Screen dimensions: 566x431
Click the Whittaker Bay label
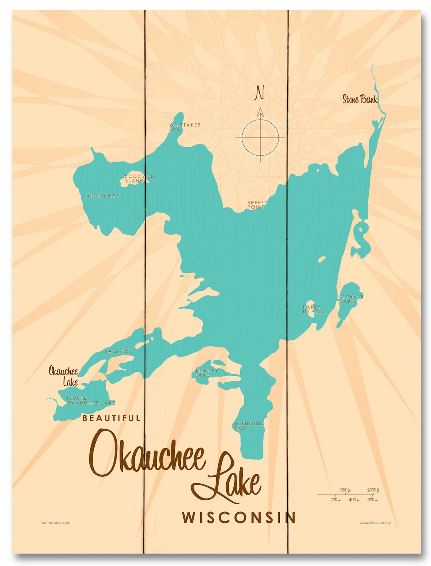(x=185, y=127)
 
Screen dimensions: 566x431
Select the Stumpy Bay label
(x=102, y=196)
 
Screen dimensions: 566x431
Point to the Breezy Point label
(x=257, y=205)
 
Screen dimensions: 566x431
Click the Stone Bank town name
(x=360, y=99)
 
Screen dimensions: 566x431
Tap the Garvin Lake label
(x=351, y=299)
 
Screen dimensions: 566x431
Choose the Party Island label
(x=313, y=310)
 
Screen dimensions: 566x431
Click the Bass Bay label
(x=118, y=351)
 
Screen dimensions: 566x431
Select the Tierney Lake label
(x=206, y=373)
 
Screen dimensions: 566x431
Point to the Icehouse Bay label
(x=249, y=426)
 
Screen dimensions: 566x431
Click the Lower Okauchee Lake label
(x=91, y=401)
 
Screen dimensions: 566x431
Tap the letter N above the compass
(x=260, y=93)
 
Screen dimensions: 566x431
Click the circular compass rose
(x=260, y=138)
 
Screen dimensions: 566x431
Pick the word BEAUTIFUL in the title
(x=111, y=418)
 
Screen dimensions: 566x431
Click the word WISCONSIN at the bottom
(x=239, y=517)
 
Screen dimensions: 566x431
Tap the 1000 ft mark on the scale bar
(x=345, y=490)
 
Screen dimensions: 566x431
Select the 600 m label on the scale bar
(x=372, y=500)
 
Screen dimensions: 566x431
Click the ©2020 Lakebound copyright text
(x=55, y=523)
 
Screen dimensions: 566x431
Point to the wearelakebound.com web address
(x=375, y=523)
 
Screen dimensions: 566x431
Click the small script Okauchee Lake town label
(x=64, y=376)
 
